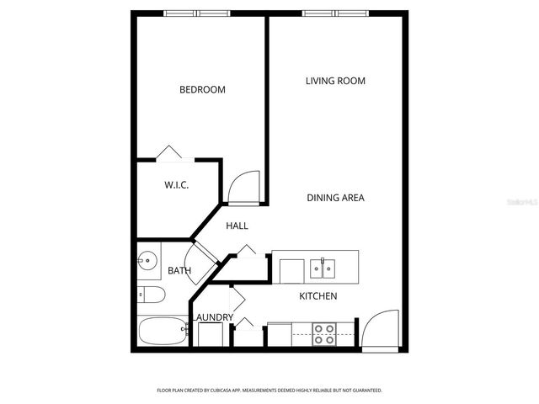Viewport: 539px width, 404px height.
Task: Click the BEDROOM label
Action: click(x=202, y=89)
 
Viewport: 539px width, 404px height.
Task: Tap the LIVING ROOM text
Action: click(x=334, y=81)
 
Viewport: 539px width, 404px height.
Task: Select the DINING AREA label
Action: click(x=335, y=198)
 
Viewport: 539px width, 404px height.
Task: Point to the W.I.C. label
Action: click(x=175, y=184)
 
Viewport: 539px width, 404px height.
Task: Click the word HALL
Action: click(x=237, y=226)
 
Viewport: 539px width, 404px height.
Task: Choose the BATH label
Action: click(x=179, y=270)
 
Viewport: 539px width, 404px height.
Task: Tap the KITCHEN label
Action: click(x=318, y=296)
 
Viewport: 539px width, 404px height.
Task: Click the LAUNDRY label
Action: click(x=215, y=317)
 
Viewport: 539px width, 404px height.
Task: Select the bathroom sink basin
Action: click(x=148, y=262)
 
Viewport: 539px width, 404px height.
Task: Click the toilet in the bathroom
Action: click(x=151, y=295)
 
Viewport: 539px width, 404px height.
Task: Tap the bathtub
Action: click(x=163, y=332)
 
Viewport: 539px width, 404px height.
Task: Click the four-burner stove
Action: click(x=324, y=334)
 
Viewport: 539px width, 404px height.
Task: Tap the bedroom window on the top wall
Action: click(x=196, y=13)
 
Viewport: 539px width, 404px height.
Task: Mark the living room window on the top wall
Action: click(x=335, y=13)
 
